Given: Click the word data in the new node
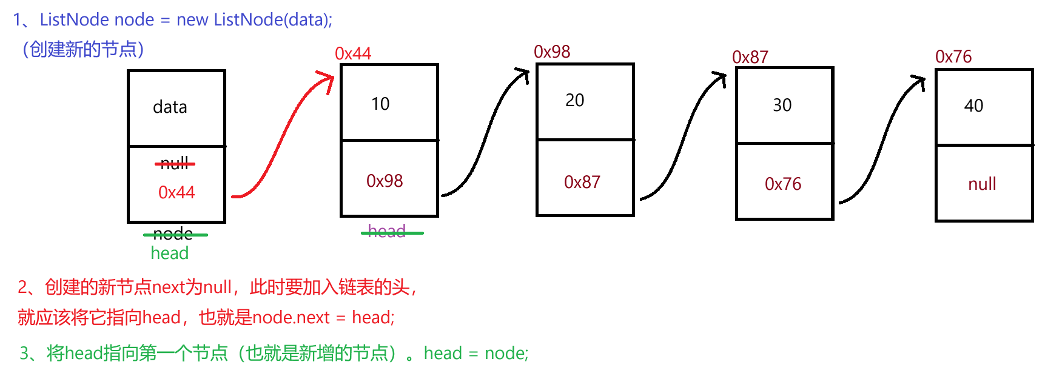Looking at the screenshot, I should (x=170, y=107).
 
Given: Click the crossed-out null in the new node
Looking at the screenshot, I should (x=175, y=163).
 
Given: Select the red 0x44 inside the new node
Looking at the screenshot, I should (x=176, y=192).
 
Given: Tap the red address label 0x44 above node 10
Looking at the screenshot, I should (x=352, y=53).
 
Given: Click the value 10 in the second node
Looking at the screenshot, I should (x=380, y=104).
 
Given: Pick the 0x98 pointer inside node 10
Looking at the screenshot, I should (x=385, y=181).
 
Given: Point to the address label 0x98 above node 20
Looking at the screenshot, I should (x=551, y=52).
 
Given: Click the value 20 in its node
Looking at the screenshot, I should (x=574, y=100).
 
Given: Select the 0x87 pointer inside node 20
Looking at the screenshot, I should (x=582, y=182).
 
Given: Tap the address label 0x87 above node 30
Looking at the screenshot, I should (x=750, y=57).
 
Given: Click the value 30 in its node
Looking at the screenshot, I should (x=782, y=105).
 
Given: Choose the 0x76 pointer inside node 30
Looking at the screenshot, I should (x=782, y=184).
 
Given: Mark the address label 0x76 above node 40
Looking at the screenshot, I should (x=953, y=56).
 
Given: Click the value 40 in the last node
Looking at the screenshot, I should (x=973, y=106).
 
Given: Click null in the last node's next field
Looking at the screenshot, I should (x=982, y=184).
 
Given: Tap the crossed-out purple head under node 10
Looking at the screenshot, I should (x=387, y=231).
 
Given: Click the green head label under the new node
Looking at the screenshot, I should (x=169, y=253).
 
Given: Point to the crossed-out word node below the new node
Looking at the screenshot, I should (x=173, y=234).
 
